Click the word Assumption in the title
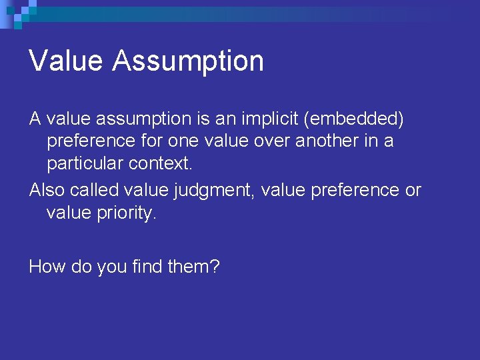[188, 61]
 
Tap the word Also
[47, 190]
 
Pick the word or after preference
[413, 191]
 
